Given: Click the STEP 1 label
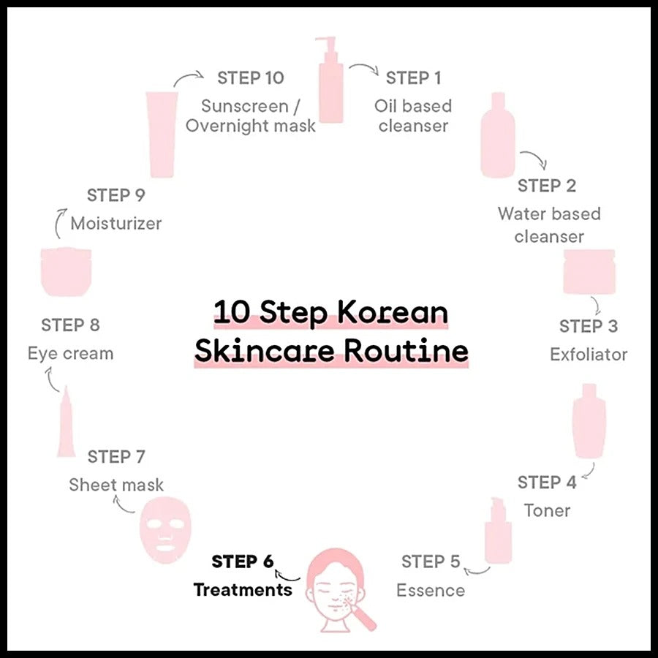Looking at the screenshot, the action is click(x=413, y=78).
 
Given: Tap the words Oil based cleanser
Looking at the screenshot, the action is click(x=413, y=116).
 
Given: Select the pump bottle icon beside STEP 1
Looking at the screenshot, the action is click(x=331, y=80).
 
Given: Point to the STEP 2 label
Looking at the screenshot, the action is click(x=547, y=186).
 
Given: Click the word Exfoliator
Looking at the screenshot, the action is click(x=589, y=355).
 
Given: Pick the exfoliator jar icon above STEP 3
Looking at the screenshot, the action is click(x=589, y=271).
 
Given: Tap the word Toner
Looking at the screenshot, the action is click(x=547, y=511).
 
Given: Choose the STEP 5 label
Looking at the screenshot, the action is click(x=431, y=561).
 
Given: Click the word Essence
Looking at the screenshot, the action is click(x=431, y=591).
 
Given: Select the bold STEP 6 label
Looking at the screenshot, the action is click(x=243, y=561).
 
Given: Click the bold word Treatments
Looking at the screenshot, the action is click(x=243, y=590).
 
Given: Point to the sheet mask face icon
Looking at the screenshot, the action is click(x=165, y=529).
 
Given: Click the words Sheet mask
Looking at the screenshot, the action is click(x=116, y=485).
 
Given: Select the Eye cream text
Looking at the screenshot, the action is click(x=70, y=354).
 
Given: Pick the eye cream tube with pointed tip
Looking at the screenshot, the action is click(x=67, y=422).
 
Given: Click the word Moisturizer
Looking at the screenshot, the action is click(x=116, y=223).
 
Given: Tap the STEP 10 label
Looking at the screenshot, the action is click(x=251, y=78).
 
